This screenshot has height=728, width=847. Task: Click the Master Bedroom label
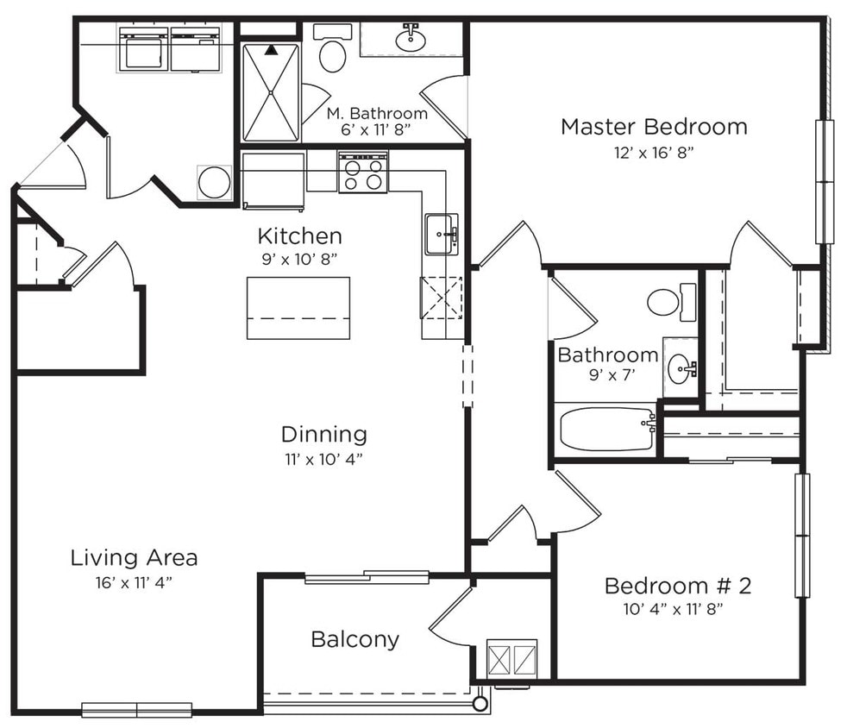tap(653, 127)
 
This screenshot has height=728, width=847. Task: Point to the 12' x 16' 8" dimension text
tap(654, 153)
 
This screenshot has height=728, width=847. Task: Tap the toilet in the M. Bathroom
tap(332, 54)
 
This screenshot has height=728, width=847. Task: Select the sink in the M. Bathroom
tap(410, 38)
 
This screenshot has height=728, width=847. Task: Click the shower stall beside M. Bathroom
tap(271, 92)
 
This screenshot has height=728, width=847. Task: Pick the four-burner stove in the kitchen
tap(362, 173)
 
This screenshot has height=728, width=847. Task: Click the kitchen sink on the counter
tap(442, 234)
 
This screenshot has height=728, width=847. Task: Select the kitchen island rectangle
tap(298, 308)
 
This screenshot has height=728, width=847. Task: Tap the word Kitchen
tap(299, 235)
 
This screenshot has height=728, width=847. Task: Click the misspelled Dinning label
tap(323, 434)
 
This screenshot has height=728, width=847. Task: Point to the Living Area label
tap(134, 557)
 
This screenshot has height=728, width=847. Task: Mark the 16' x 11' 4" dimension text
tap(134, 582)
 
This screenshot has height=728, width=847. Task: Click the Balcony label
tap(354, 639)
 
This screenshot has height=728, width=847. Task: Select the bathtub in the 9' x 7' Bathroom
tap(606, 429)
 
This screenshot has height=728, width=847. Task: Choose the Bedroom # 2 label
tap(677, 587)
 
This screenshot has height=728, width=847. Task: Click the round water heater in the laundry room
tap(214, 182)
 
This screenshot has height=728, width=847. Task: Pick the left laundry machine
tap(143, 49)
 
